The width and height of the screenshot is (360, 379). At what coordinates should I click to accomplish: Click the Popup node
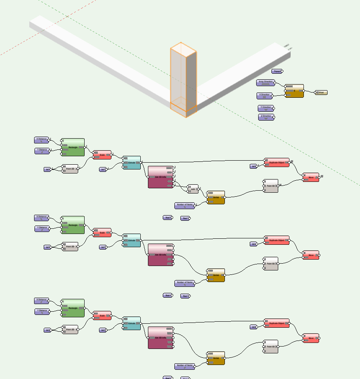tap(277, 71)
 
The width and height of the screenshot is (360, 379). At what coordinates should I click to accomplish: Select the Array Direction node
tap(265, 83)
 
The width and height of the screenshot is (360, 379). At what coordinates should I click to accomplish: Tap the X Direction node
tap(265, 96)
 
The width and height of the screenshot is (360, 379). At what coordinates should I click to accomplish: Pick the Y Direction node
tap(266, 108)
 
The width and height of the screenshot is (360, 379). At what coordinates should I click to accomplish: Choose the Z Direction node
tap(266, 117)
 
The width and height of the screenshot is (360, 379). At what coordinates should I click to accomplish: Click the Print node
tap(321, 93)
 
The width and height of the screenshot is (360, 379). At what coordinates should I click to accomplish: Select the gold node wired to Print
tap(294, 91)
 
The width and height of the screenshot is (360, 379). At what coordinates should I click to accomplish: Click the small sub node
tap(193, 189)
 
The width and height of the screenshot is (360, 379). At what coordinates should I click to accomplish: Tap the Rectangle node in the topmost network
tap(73, 147)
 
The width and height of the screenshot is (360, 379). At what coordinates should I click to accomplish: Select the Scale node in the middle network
tap(102, 232)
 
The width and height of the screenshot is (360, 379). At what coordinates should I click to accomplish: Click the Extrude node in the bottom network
tap(131, 323)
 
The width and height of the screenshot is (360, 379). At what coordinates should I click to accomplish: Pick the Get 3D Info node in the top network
tap(161, 177)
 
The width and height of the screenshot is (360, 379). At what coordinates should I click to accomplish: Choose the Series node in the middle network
tap(216, 275)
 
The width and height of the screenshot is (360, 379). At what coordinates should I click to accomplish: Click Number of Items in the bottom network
tap(184, 366)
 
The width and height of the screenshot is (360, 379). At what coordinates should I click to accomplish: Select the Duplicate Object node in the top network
tap(277, 162)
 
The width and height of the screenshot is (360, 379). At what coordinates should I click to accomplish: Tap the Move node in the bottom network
tap(311, 338)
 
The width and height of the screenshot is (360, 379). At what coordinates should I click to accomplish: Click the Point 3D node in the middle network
tap(271, 263)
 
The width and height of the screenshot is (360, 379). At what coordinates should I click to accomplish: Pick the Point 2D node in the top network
tap(70, 169)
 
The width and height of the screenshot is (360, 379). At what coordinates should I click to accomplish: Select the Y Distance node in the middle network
tap(42, 228)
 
